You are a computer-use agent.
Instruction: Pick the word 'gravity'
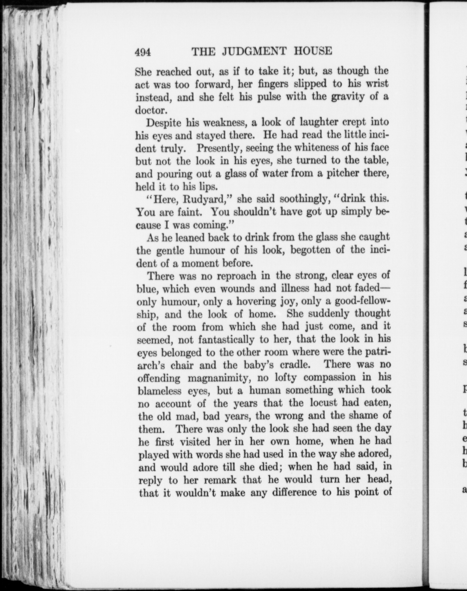click(347, 97)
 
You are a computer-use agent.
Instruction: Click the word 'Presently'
click(219, 148)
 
